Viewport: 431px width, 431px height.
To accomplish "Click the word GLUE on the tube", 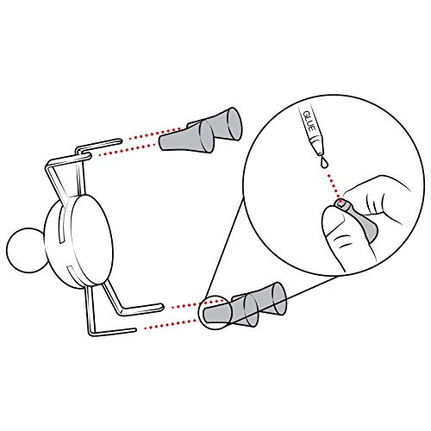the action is click(x=309, y=122).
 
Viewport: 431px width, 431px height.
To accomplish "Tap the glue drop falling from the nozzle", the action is click(x=324, y=162).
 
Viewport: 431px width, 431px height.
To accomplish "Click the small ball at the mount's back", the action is click(x=26, y=250).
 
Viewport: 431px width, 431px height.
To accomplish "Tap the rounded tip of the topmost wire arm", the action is click(x=120, y=141).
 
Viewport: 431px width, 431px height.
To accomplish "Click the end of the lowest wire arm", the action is click(x=134, y=330).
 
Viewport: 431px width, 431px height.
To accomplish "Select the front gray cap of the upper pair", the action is click(x=187, y=137).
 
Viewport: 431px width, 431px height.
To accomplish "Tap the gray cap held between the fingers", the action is click(x=359, y=220).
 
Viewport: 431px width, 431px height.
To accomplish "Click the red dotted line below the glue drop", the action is click(x=334, y=184).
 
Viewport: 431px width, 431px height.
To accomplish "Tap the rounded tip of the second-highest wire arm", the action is click(x=89, y=156).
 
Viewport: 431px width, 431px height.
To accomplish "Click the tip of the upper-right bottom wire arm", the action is click(x=161, y=307).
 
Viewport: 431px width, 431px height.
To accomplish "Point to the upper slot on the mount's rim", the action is click(x=61, y=226).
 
